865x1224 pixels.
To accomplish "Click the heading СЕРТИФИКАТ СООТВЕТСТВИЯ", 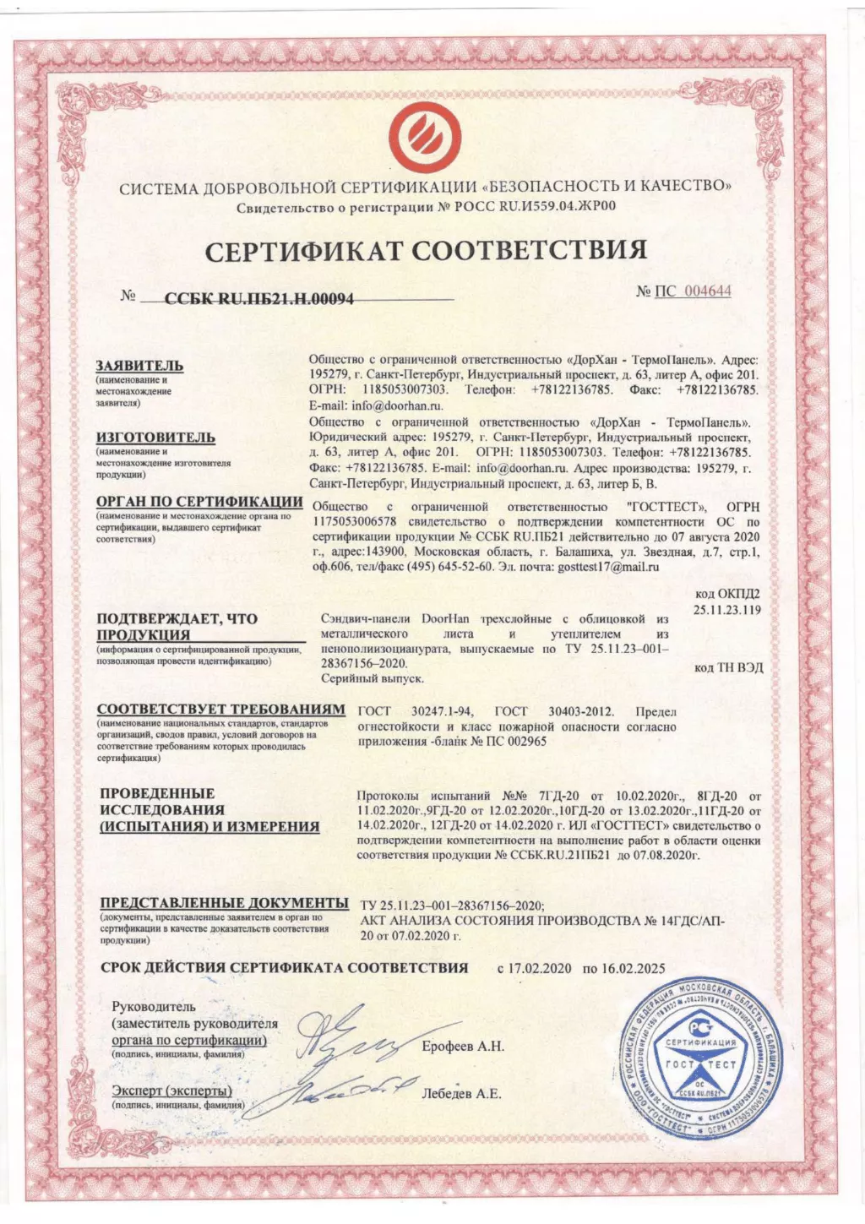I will [427, 250].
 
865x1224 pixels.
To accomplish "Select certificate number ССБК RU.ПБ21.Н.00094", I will [258, 298].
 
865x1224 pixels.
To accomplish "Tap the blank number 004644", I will [707, 291].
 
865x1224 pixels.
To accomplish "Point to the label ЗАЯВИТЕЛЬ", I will [139, 366].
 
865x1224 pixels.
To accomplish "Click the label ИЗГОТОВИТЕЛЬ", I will [155, 438].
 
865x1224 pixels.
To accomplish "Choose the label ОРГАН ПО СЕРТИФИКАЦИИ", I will [199, 502].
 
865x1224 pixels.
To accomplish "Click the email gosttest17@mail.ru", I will [608, 568].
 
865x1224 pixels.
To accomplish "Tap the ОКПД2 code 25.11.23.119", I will [727, 609].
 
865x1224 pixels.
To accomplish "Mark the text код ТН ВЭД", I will [728, 667].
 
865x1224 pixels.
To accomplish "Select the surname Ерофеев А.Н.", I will [463, 1046].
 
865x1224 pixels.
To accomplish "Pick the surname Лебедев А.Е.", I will [461, 1093].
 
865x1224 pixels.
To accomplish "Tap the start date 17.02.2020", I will [540, 968].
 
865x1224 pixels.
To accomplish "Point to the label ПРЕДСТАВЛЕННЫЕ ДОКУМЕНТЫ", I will [224, 903].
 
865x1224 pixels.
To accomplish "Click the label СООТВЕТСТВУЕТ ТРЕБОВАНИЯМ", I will [220, 710].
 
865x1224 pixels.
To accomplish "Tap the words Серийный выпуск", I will [373, 678].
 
